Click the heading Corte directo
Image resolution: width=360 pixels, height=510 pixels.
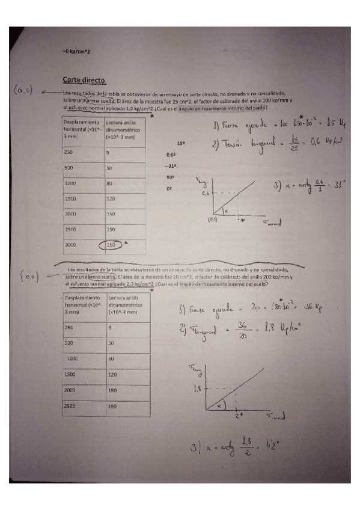tap(84, 79)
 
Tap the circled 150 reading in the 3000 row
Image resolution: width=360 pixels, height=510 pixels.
tap(111, 245)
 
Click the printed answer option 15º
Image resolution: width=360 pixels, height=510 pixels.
tap(180, 144)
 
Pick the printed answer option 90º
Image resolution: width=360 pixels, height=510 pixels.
tap(170, 177)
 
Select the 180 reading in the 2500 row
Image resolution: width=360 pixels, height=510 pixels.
tap(112, 407)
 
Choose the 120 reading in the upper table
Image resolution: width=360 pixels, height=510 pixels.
tap(112, 197)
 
